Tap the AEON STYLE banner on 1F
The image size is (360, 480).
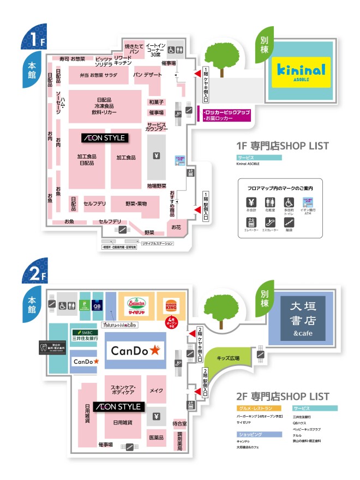[x=104, y=138]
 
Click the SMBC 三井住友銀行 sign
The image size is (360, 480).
[x=85, y=335]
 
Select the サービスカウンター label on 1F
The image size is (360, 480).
[x=156, y=127]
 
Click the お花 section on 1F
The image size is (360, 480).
[x=176, y=227]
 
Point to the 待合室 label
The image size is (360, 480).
[x=179, y=423]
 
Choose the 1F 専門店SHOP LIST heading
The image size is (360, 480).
[x=283, y=146]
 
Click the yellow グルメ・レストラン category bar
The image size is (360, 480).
[x=259, y=408]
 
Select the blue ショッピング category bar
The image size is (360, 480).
[x=259, y=434]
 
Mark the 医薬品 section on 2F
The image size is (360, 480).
[x=157, y=437]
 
